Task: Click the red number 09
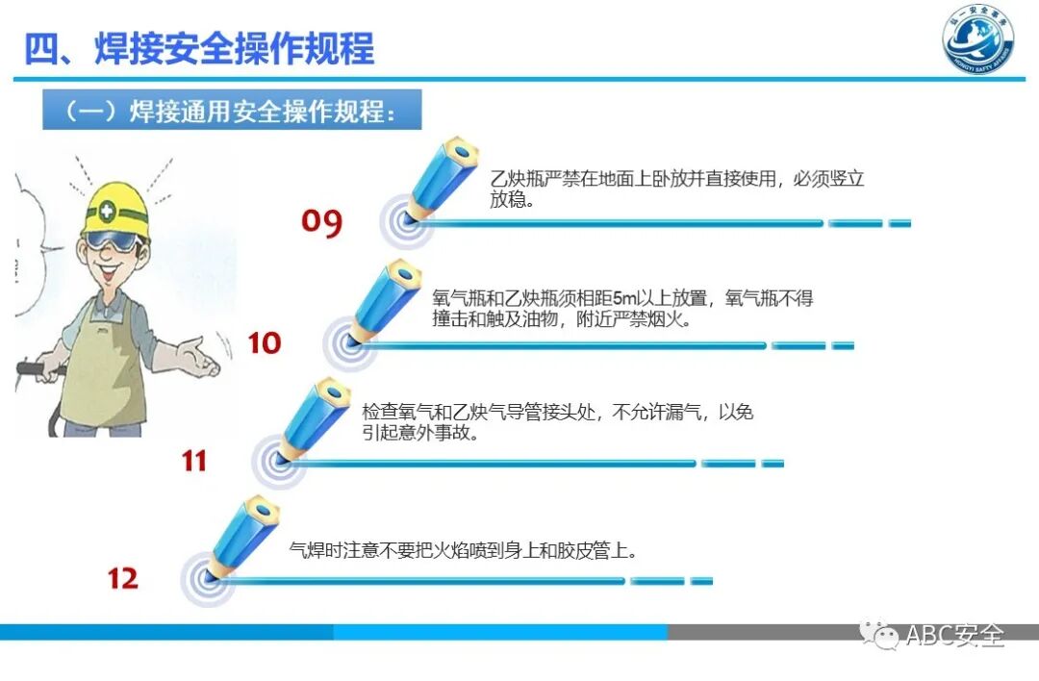(321, 222)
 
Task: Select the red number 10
(265, 342)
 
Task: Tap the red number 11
(194, 461)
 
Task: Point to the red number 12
(123, 578)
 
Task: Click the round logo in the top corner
(977, 41)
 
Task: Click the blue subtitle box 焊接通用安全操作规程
(232, 111)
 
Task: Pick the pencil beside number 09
(443, 179)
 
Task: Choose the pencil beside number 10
(385, 301)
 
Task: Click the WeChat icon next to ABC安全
(878, 635)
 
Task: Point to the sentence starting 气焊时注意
(464, 551)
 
